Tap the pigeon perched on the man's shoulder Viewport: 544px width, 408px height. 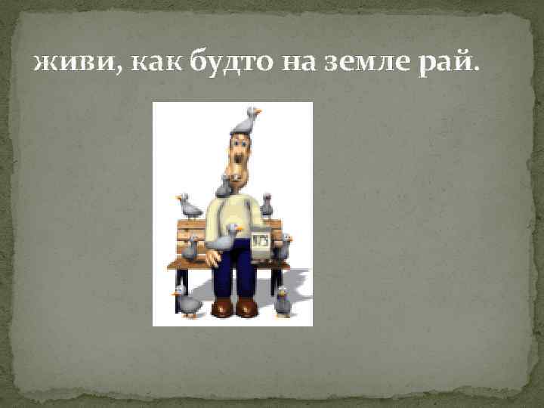click(x=224, y=185)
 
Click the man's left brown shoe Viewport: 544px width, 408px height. click(x=223, y=308)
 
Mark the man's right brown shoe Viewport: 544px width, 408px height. click(x=247, y=308)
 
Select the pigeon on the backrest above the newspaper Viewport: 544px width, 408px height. click(x=267, y=204)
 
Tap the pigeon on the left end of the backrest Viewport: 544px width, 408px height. click(x=189, y=206)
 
